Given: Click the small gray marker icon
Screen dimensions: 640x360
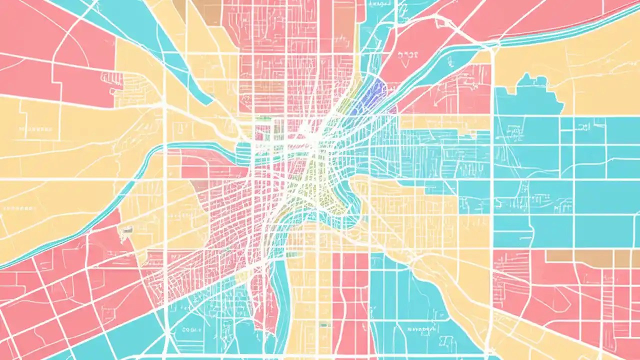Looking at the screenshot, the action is pyautogui.click(x=127, y=229).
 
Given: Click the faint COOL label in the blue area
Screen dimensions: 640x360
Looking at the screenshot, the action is pyautogui.click(x=189, y=330).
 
